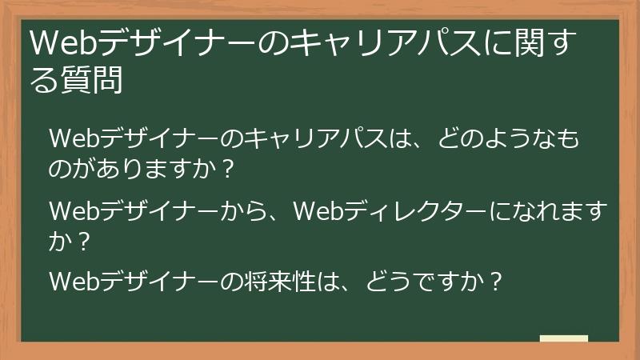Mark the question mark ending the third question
(495, 282)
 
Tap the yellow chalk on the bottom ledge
(563, 339)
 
